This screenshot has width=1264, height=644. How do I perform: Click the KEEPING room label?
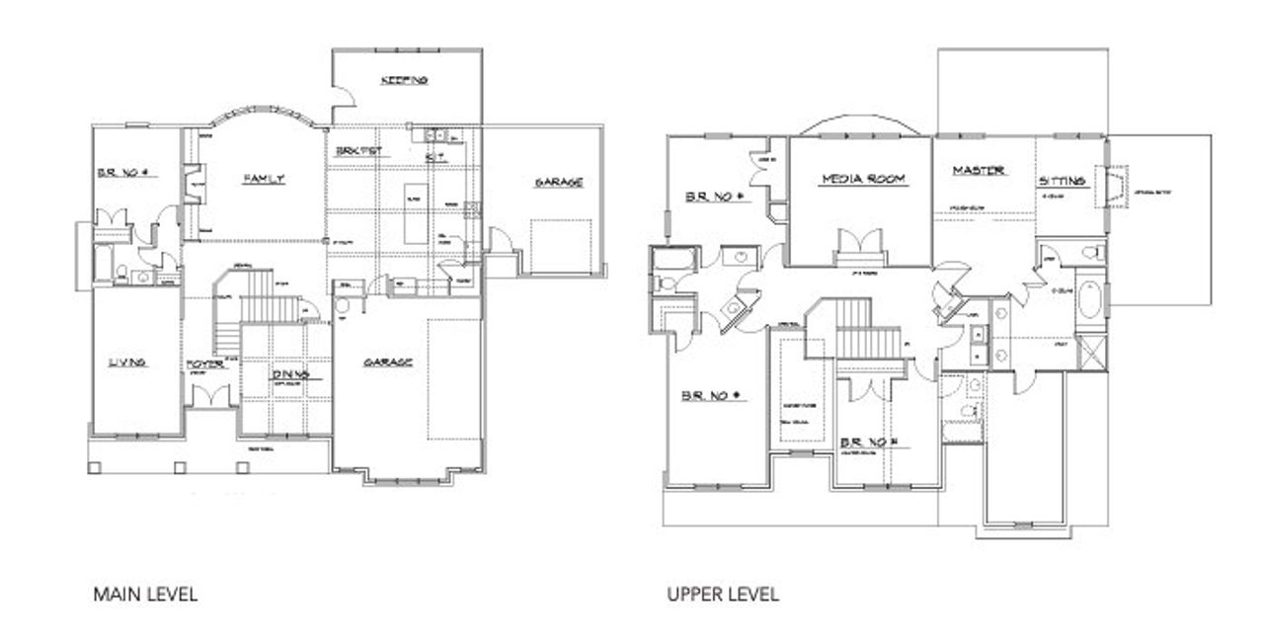[403, 80]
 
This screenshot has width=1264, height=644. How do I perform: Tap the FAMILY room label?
[264, 179]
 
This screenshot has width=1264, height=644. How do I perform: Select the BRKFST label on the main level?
[358, 151]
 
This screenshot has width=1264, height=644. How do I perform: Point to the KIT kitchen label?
[433, 157]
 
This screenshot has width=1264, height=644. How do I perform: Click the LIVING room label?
[127, 362]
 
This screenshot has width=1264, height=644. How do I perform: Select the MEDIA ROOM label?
[863, 179]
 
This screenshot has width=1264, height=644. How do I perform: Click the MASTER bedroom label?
[978, 171]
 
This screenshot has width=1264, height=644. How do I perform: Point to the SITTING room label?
[1062, 181]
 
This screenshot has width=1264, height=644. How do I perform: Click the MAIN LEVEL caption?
[145, 595]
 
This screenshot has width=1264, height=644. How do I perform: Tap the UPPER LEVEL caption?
[722, 595]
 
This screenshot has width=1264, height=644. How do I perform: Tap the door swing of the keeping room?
[342, 96]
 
